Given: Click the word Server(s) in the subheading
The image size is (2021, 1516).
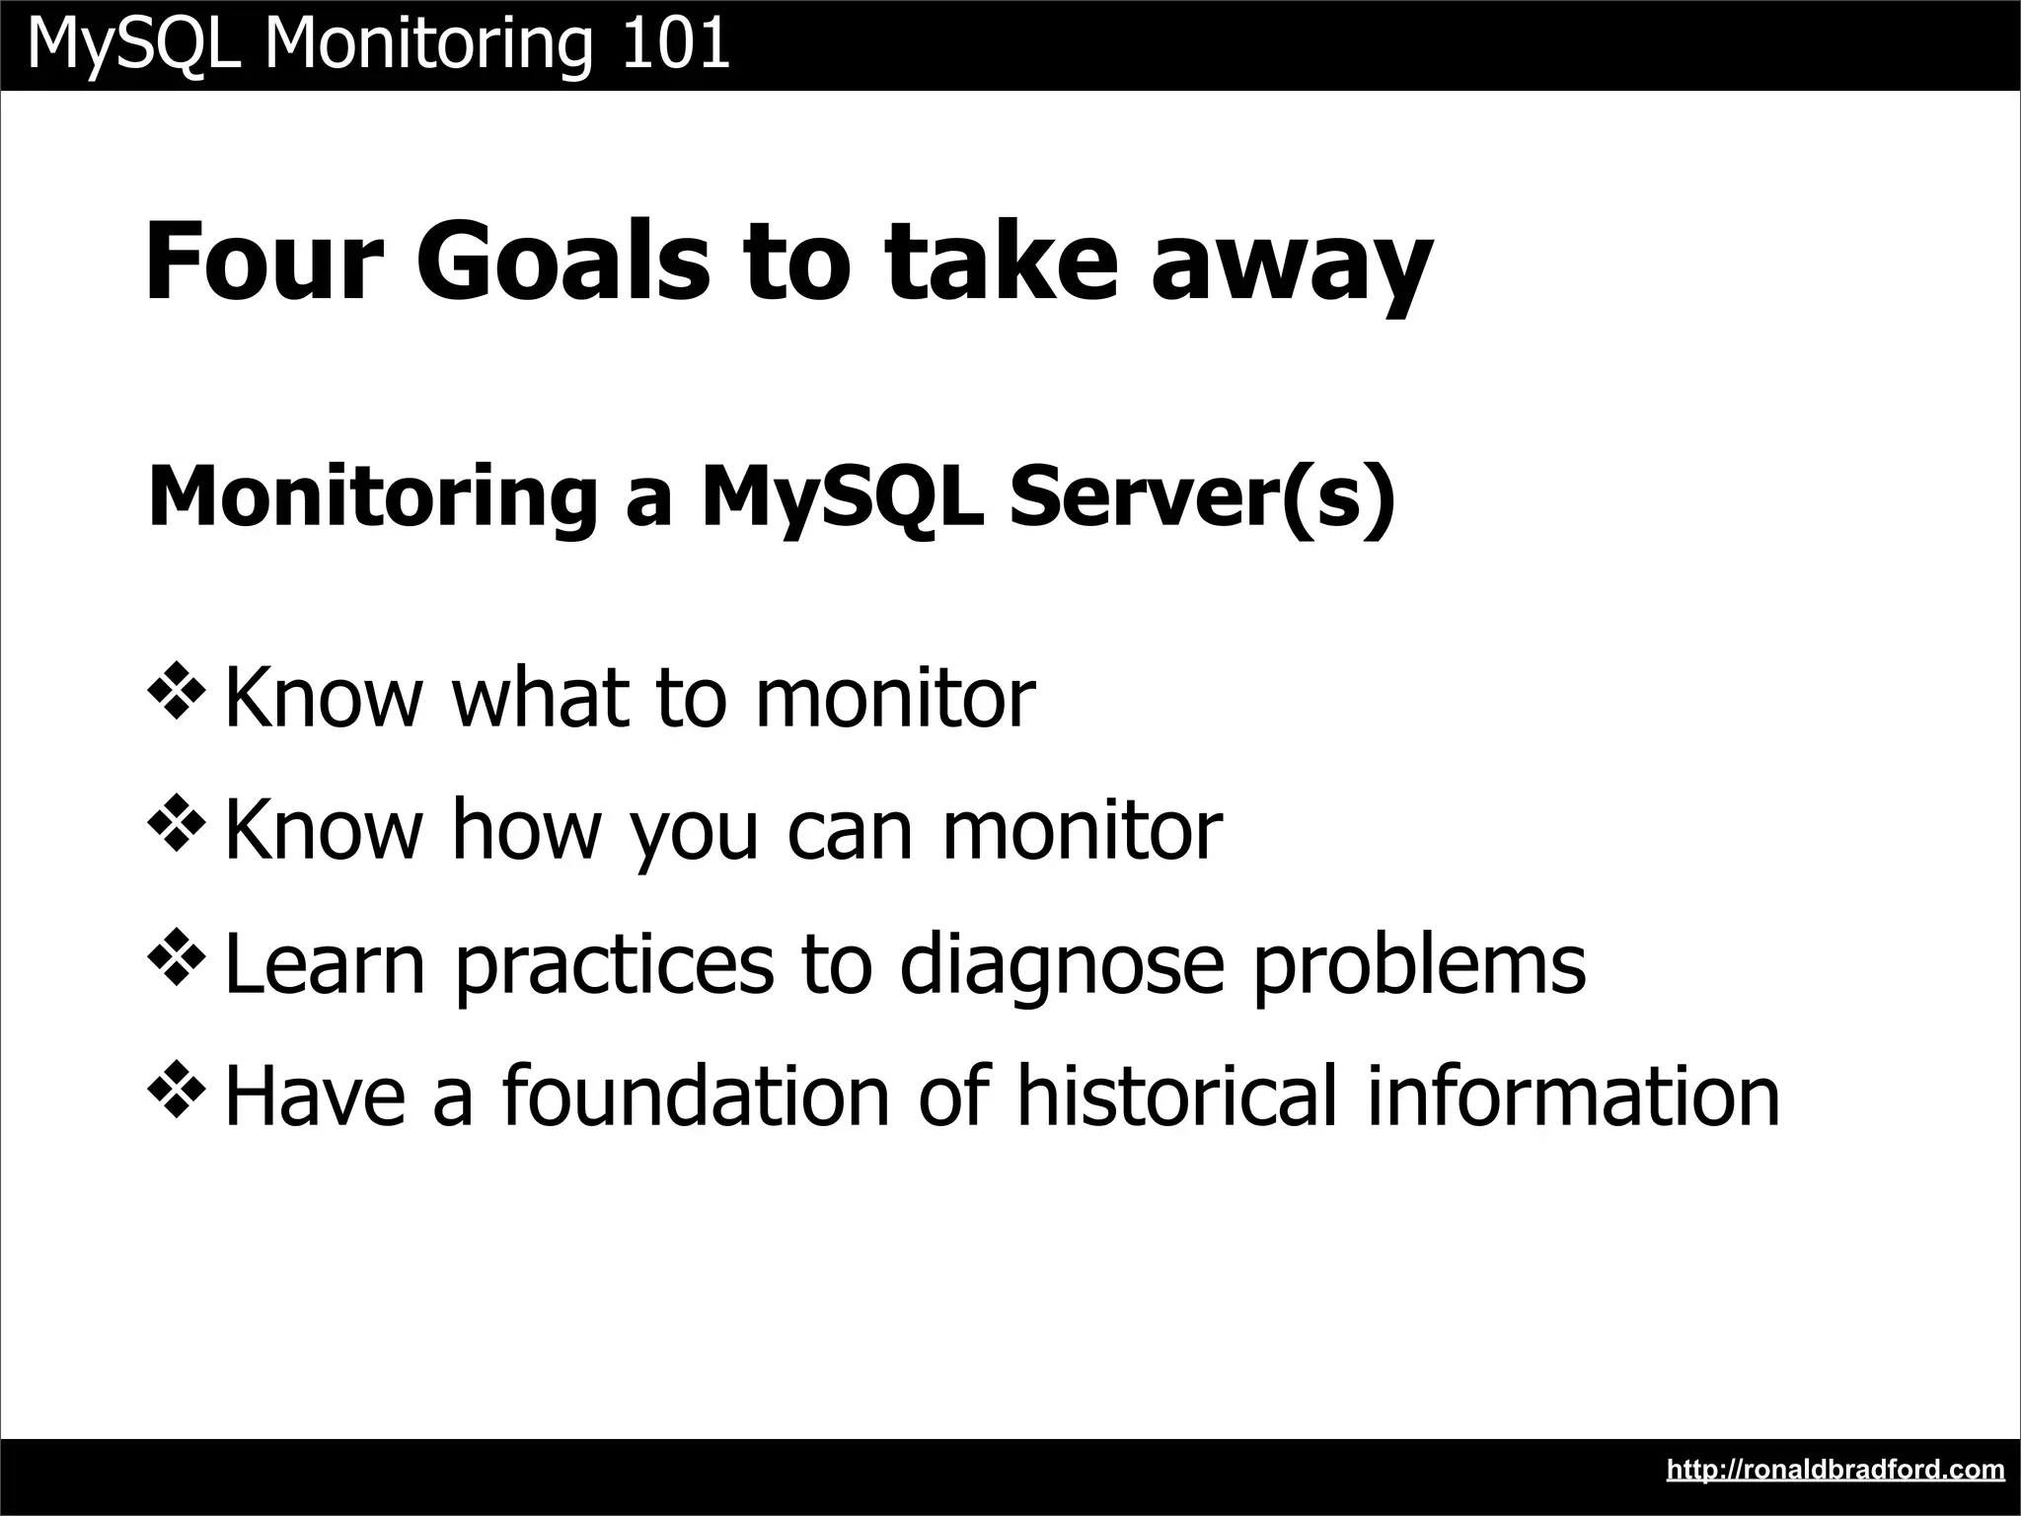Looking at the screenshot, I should (x=1202, y=496).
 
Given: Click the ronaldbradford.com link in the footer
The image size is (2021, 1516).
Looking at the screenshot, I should (x=1834, y=1470).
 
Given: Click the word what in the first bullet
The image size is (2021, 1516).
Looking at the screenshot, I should (x=540, y=697).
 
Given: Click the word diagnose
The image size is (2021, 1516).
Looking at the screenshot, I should (x=1062, y=965).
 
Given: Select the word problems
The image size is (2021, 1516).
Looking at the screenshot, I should (x=1419, y=965).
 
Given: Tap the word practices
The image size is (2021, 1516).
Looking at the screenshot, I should (x=614, y=965).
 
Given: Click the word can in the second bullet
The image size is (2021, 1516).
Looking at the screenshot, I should (x=849, y=831).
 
